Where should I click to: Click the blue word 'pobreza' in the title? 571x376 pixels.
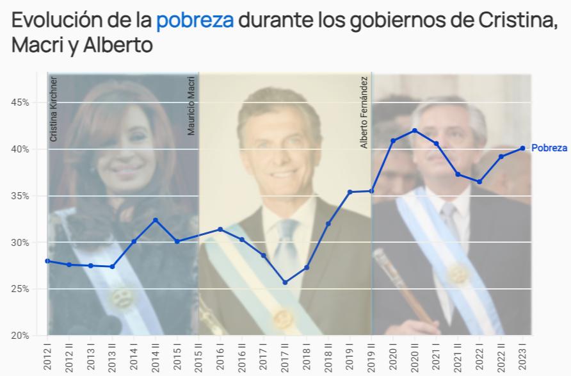[x=195, y=20]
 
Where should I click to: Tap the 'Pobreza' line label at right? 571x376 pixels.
[x=549, y=148]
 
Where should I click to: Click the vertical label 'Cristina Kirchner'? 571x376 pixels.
[x=54, y=109]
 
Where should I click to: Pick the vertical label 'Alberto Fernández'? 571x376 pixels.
[x=364, y=113]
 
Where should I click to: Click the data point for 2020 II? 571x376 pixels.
[x=414, y=131]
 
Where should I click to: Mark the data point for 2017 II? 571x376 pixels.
[x=285, y=282]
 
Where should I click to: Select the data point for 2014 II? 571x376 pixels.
[x=155, y=220]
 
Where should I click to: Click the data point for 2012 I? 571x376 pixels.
[x=47, y=261]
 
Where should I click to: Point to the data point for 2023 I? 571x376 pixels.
[x=522, y=148]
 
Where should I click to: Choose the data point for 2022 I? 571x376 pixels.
[x=479, y=182]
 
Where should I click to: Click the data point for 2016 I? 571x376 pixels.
[x=220, y=229]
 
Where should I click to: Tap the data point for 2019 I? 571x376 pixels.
[x=350, y=192]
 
